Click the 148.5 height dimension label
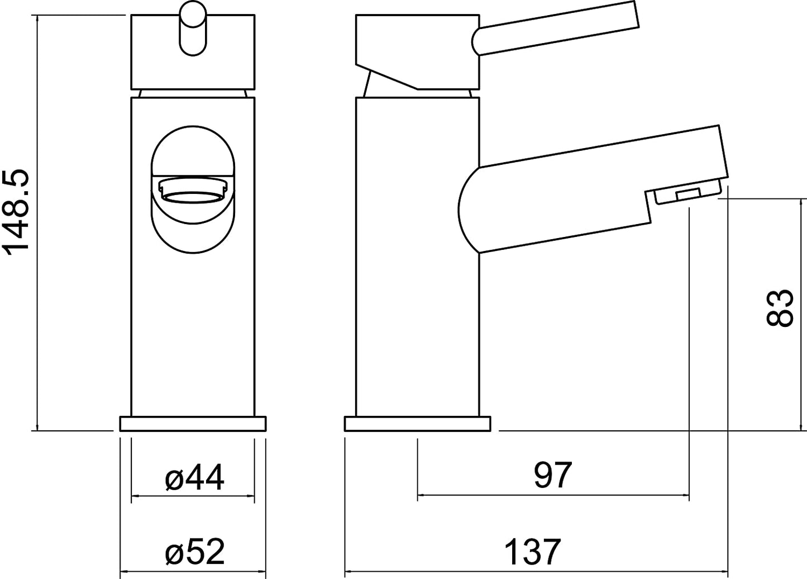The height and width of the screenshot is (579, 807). (x=16, y=213)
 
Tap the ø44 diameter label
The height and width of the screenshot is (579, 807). (x=194, y=477)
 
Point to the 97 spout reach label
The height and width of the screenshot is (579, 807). (x=553, y=474)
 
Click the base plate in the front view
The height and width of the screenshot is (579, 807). (x=193, y=424)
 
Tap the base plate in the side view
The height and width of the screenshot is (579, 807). (x=417, y=424)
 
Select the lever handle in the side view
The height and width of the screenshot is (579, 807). (x=555, y=29)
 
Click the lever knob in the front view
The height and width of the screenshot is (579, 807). (x=193, y=28)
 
